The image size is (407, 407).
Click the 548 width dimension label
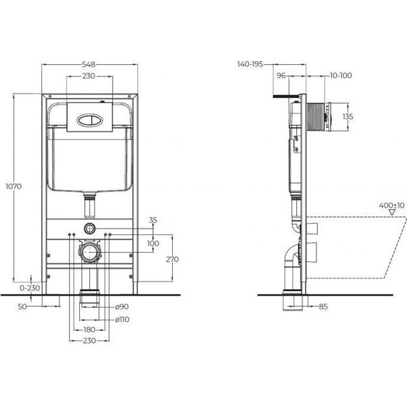pos(89,64)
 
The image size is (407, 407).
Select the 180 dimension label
pos(89,329)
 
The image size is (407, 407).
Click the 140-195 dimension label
pos(250,64)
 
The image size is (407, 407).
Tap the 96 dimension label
pos(281,74)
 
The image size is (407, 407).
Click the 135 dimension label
pos(348,116)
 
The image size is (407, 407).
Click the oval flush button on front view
pos(89,120)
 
